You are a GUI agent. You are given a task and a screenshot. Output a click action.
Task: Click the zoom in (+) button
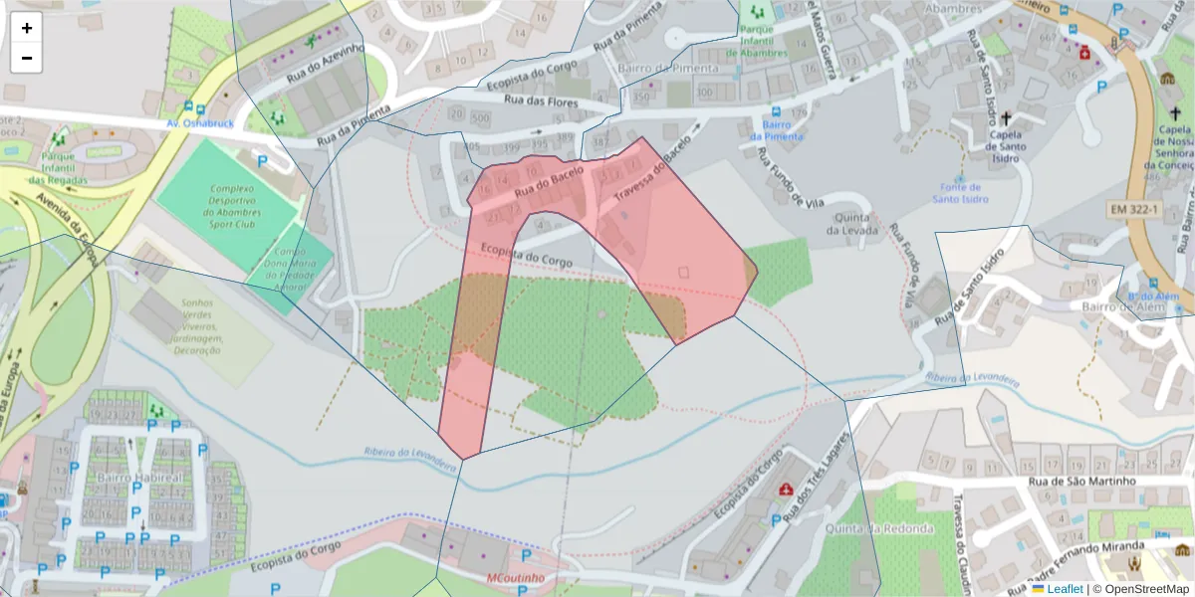(x=27, y=28)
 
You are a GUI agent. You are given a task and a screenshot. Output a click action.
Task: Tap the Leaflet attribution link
(x=1065, y=589)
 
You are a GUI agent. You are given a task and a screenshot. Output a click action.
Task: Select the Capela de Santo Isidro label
(x=1006, y=146)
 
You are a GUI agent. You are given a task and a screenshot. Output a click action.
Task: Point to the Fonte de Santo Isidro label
(x=960, y=193)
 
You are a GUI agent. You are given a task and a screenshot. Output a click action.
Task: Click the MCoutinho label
(x=515, y=577)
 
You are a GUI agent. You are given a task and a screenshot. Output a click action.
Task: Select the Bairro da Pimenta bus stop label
(x=776, y=130)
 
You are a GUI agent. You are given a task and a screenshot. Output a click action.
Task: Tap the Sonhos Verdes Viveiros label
(x=198, y=327)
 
